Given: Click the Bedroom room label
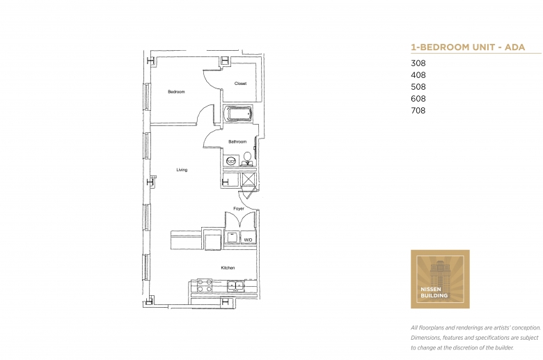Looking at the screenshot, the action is (x=176, y=92).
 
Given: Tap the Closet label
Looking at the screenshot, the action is (x=240, y=84).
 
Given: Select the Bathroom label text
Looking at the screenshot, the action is (x=237, y=142).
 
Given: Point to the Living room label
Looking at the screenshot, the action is (x=182, y=170).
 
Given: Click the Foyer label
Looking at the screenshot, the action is (x=239, y=209).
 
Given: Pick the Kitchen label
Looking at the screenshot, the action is (x=228, y=268).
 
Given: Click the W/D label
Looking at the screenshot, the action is (x=248, y=240).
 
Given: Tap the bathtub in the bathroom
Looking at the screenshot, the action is (x=238, y=114).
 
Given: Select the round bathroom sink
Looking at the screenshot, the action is (x=231, y=160).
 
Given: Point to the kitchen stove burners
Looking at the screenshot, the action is (x=204, y=285).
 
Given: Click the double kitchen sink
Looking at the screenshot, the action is (x=235, y=286).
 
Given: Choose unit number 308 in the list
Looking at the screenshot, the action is (x=418, y=63).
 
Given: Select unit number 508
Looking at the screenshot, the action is (x=418, y=86).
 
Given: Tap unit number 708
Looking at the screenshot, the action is (x=418, y=110).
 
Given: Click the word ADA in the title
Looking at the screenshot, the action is (x=514, y=47).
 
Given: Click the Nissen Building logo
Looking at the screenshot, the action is (x=440, y=279).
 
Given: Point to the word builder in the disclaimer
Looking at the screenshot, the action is (x=503, y=347).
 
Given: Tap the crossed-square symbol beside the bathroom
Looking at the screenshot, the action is (x=249, y=179).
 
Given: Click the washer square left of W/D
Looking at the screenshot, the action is (x=232, y=237).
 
